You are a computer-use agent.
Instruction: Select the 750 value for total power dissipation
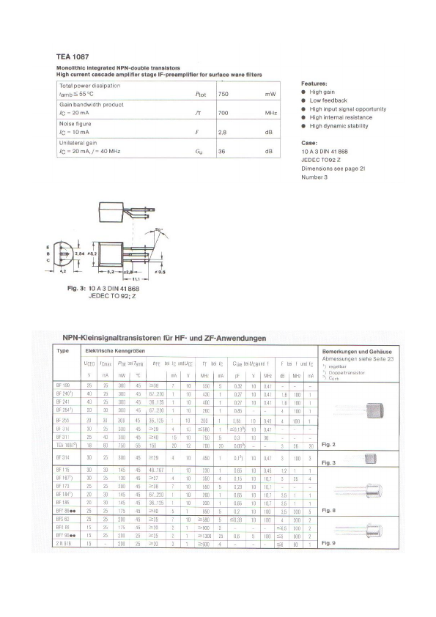(224, 95)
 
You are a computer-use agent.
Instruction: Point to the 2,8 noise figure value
(223, 133)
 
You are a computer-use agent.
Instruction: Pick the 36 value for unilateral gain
(222, 152)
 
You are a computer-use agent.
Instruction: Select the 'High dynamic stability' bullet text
(339, 126)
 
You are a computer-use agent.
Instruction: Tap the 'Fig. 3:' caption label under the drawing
(76, 289)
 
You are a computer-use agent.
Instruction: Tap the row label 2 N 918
(63, 544)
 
